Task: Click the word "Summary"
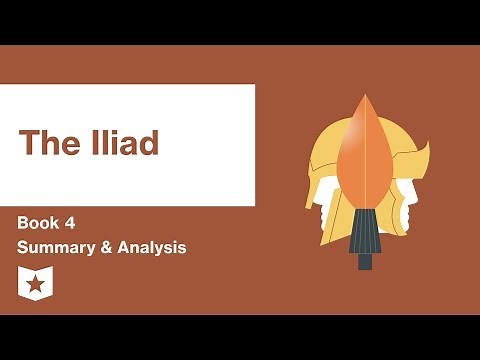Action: (x=56, y=247)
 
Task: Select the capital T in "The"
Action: (x=27, y=143)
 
